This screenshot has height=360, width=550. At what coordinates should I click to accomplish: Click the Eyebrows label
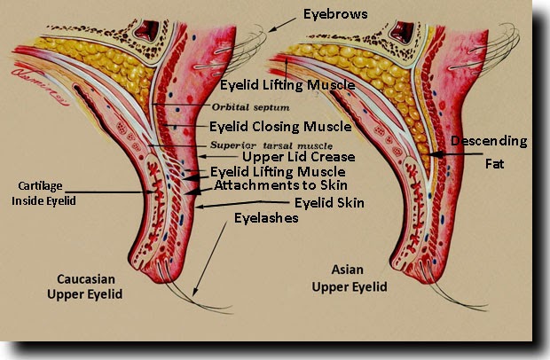[334, 13]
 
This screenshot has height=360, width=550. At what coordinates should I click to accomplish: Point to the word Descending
[489, 142]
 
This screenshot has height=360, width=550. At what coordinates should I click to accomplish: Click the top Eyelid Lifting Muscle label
[287, 85]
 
